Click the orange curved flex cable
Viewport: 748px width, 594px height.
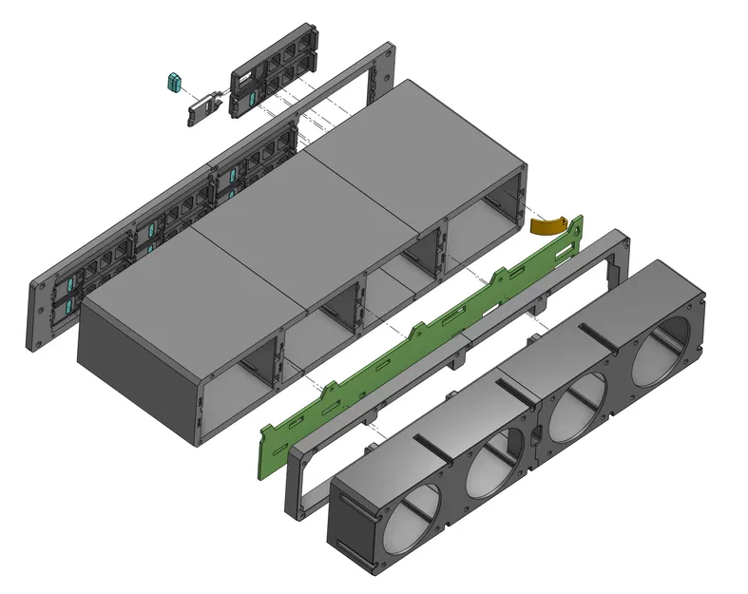[549, 225]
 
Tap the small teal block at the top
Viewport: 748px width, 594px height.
[174, 83]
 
